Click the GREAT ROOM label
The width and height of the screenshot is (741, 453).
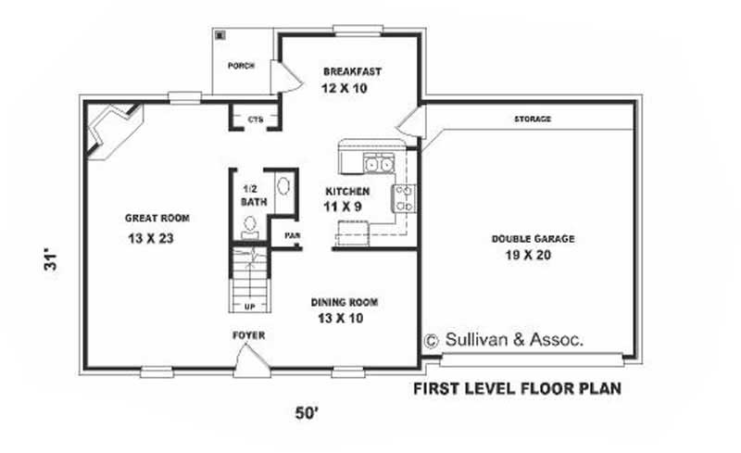point(157,219)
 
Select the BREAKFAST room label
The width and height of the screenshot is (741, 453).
point(352,71)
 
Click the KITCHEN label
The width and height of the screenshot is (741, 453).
point(346,192)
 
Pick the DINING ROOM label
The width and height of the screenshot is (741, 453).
point(344,302)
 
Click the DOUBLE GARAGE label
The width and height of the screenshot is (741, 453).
point(533,238)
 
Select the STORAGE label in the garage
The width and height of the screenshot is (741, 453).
point(533,120)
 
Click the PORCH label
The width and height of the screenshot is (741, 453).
point(241,67)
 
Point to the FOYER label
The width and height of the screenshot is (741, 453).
point(249,334)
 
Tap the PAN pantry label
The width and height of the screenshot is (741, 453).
point(292,236)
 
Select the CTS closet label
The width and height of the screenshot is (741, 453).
point(255,119)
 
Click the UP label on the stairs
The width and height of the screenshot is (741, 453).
point(249,306)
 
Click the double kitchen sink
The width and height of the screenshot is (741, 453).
point(377,165)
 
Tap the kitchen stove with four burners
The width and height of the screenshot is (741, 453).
point(405,195)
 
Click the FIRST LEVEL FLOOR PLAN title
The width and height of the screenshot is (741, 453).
point(517,388)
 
